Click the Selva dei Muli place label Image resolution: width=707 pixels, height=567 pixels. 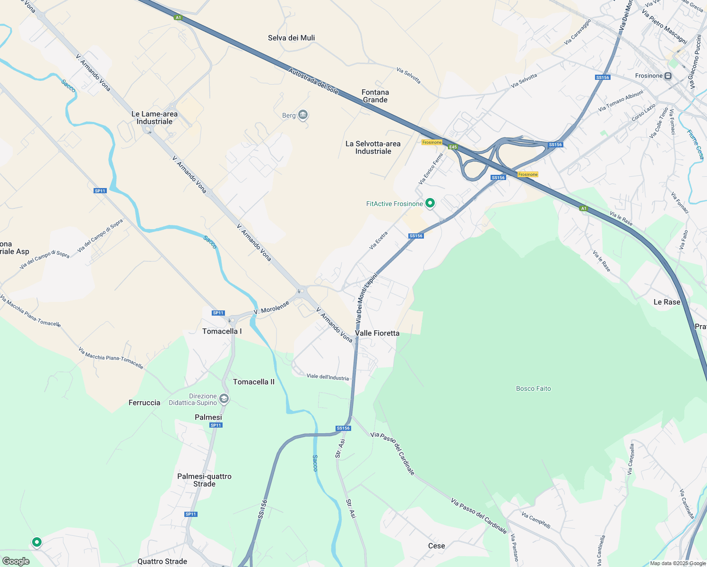tap(291, 38)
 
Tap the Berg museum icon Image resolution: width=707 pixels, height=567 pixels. tap(303, 115)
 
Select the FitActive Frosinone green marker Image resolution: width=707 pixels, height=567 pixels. tap(430, 203)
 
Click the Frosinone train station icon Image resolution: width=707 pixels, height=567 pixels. tap(668, 76)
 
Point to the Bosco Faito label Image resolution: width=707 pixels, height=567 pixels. tap(533, 388)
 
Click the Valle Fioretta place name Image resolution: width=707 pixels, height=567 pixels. tap(377, 333)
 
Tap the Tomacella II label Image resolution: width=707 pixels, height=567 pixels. tap(253, 382)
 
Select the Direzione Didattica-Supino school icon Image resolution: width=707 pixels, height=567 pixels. tap(224, 399)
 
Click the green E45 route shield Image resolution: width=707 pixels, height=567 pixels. tap(453, 147)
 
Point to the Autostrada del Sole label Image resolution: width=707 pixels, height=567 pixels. tap(313, 81)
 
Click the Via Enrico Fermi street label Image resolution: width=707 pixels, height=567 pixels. tap(431, 169)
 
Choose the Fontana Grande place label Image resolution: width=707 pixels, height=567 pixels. tap(375, 96)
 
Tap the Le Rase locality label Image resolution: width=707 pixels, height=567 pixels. tap(666, 302)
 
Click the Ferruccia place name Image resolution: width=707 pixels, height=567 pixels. tap(144, 403)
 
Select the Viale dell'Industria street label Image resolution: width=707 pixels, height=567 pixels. tap(328, 377)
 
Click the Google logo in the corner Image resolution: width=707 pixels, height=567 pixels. tap(16, 561)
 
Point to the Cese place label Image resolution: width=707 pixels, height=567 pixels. tap(436, 546)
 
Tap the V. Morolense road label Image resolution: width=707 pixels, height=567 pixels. tap(271, 308)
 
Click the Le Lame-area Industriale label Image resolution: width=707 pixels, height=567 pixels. tap(155, 118)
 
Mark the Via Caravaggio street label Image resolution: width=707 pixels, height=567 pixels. tap(578, 32)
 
